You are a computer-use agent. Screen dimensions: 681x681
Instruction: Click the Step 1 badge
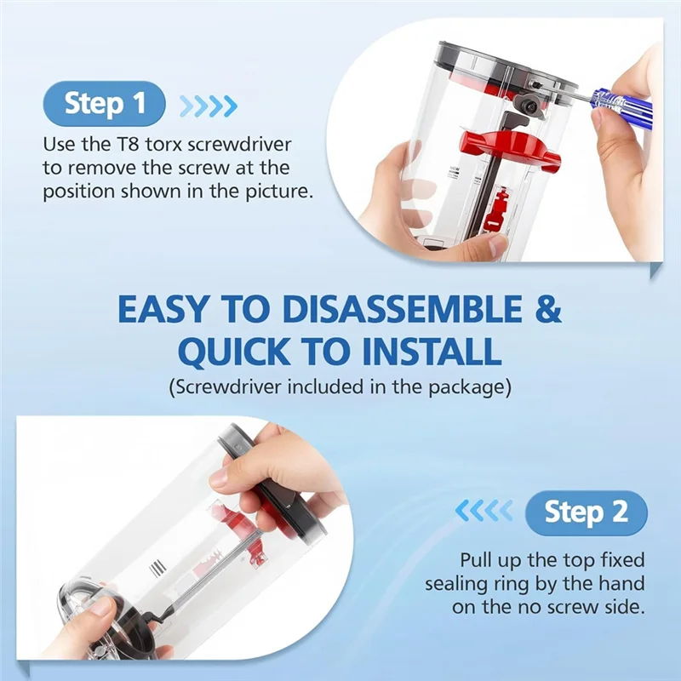[104, 103]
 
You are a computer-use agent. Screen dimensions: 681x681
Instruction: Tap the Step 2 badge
[586, 512]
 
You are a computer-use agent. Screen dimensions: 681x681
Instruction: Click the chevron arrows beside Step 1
[209, 106]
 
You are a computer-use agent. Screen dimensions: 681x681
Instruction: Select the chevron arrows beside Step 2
[484, 510]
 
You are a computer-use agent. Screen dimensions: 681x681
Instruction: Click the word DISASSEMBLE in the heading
[402, 309]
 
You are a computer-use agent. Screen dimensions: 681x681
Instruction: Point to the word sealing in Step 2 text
[452, 584]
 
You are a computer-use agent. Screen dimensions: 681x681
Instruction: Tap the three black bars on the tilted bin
[157, 568]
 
